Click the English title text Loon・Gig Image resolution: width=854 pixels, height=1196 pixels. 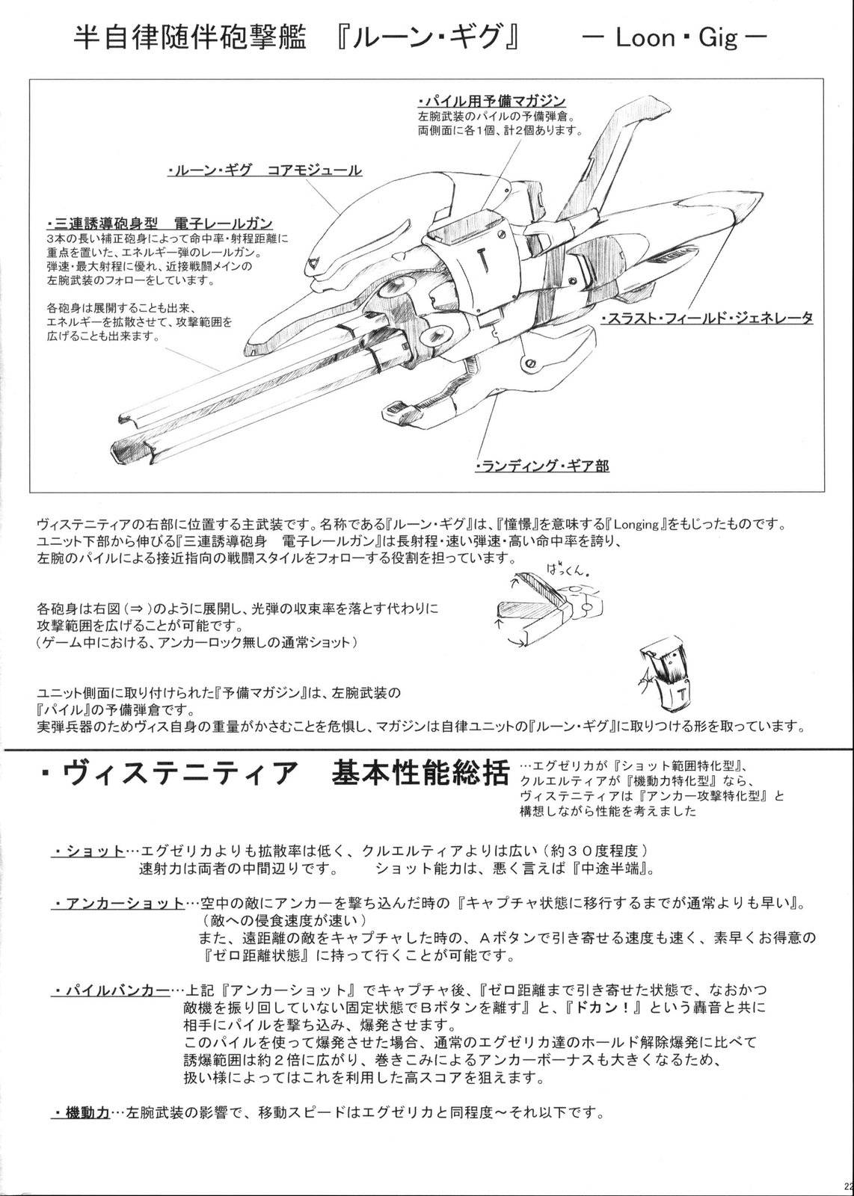click(x=677, y=38)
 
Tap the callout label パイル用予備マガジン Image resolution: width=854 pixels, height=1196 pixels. click(x=492, y=101)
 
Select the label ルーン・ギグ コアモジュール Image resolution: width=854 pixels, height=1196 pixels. click(x=265, y=171)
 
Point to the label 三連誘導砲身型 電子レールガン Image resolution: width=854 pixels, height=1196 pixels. click(x=159, y=224)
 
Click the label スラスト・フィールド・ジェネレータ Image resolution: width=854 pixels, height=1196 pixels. click(x=707, y=318)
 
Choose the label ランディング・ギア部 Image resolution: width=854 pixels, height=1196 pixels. click(x=542, y=466)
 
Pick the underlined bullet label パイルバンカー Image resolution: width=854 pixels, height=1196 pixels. click(x=111, y=992)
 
